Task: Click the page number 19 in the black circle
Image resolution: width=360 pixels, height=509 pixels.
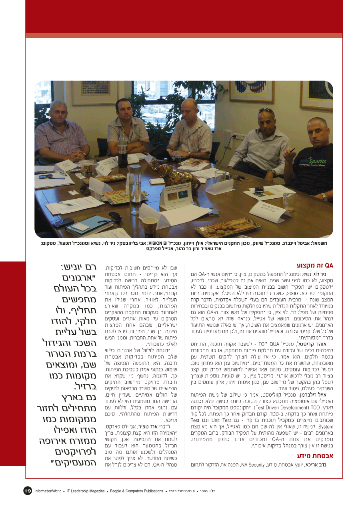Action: (27, 491)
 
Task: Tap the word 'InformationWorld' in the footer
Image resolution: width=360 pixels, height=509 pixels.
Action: (48, 491)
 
